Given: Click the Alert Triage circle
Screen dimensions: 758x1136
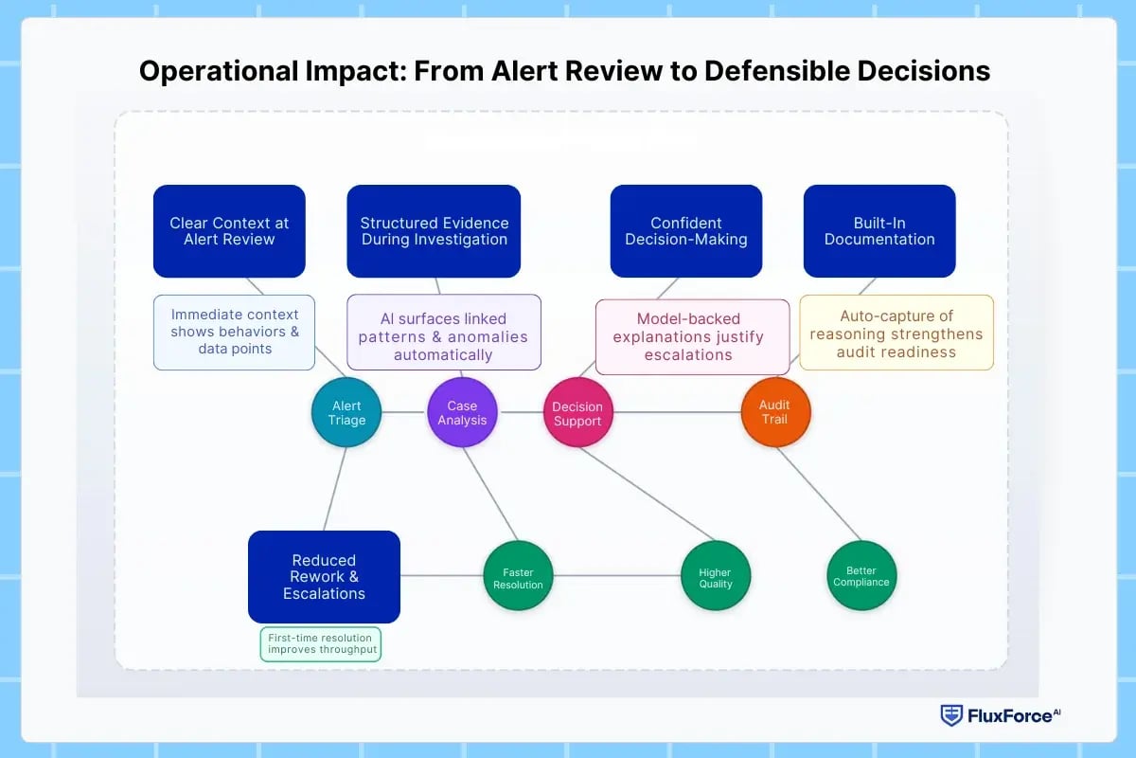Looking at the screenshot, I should point(346,412).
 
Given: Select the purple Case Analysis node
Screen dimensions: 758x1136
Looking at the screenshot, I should point(462,412).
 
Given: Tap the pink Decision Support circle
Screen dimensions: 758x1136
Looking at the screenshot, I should point(577,413).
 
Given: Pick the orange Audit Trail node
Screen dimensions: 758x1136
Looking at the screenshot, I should point(774,412).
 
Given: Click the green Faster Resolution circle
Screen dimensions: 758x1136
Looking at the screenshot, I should point(518,577).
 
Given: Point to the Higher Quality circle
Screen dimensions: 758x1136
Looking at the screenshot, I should point(715,577).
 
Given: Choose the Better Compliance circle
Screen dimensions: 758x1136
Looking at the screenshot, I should point(861,575).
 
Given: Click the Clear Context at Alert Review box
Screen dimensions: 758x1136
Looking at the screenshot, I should point(229,231).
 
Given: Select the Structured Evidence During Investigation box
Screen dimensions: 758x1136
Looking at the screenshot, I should point(434,231).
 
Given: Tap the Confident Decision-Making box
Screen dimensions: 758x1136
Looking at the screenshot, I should point(685,231).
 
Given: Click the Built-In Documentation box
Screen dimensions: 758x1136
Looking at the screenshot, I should point(879,231).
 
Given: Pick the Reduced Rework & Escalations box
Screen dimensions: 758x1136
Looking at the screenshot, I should point(324,576).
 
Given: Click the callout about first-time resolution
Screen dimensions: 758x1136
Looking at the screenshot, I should point(320,643).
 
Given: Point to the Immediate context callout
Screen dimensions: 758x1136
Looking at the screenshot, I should point(235,332).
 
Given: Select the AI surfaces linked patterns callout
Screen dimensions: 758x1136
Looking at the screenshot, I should point(443,332).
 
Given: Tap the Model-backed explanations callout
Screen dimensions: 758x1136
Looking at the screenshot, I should point(692,336).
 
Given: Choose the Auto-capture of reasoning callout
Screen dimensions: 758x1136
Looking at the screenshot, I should point(896,332).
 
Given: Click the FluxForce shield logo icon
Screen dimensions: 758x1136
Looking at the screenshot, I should point(950,715).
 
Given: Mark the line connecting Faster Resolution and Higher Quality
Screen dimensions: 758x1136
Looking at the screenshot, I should point(615,575).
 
